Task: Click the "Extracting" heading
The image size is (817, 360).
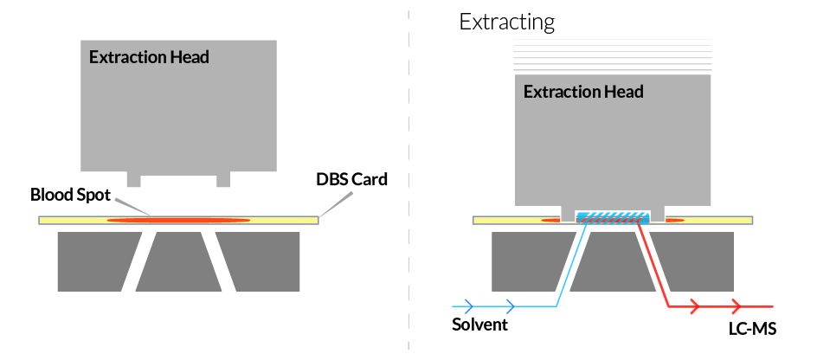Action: click(506, 22)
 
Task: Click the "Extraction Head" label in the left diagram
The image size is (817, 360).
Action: click(149, 58)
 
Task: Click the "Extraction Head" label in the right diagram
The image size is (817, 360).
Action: click(583, 91)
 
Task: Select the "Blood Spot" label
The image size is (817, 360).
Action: click(71, 195)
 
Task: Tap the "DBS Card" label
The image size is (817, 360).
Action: click(351, 180)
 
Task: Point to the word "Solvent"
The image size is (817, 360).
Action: click(479, 325)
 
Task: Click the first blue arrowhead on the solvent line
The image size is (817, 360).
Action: click(467, 305)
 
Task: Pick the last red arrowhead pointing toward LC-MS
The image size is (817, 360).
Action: click(737, 305)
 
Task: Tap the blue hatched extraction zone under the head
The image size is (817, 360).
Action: click(613, 216)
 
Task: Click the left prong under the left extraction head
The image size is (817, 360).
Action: click(133, 179)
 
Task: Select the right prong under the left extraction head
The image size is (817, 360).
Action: click(223, 179)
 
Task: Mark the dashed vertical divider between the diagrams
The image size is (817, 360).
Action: click(408, 173)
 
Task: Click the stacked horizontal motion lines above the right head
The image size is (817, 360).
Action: click(613, 55)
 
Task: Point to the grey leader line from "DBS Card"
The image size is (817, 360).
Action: click(335, 203)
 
